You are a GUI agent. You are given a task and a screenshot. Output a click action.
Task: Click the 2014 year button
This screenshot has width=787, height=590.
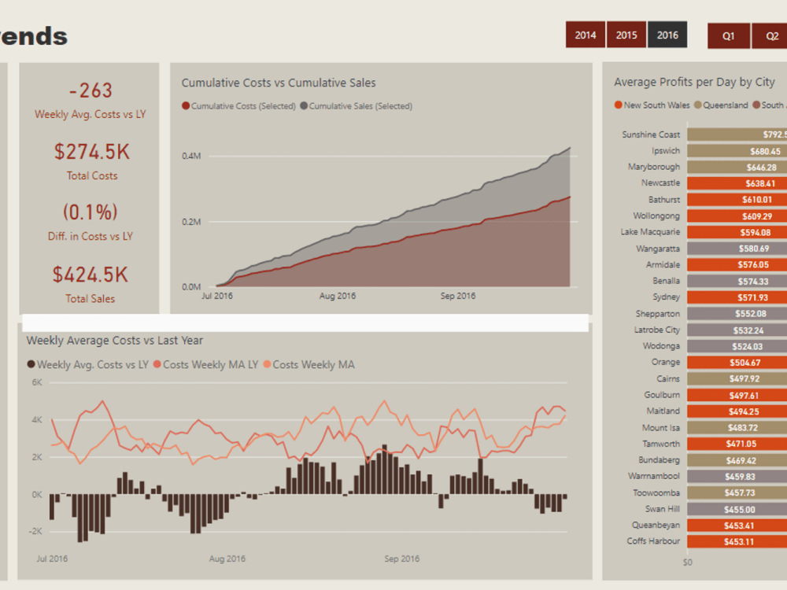click(x=585, y=35)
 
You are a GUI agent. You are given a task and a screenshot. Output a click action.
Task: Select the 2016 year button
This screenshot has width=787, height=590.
click(x=667, y=35)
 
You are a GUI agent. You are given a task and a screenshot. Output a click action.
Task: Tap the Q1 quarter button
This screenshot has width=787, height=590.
click(x=729, y=36)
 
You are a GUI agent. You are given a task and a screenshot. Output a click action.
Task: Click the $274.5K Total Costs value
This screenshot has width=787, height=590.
click(x=92, y=152)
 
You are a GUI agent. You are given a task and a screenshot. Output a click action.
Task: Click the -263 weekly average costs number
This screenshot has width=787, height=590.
click(x=91, y=91)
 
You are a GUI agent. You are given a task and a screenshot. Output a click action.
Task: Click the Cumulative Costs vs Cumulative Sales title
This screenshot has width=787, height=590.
click(x=279, y=83)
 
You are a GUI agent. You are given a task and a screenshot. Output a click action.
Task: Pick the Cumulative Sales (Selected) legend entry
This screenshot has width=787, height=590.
click(x=360, y=106)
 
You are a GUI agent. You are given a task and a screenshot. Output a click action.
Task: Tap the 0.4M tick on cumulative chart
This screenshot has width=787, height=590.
click(x=191, y=156)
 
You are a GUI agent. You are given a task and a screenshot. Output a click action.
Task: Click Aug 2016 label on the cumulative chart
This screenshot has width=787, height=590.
click(x=338, y=297)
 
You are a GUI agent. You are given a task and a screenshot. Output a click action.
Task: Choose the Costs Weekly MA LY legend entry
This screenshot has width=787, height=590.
click(x=210, y=364)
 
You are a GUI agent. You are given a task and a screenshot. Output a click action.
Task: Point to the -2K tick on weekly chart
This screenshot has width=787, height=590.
click(x=36, y=531)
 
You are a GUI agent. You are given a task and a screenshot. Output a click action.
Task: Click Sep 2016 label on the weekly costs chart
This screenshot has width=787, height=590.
click(x=401, y=559)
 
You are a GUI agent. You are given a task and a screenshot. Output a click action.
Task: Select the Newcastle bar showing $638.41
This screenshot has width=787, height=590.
click(x=737, y=183)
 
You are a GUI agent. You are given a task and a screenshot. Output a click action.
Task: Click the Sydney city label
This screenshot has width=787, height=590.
click(x=667, y=297)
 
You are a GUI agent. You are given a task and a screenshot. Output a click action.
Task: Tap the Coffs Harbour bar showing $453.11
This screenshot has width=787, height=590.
click(x=737, y=541)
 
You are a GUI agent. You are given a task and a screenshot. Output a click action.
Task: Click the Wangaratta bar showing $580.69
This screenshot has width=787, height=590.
click(x=737, y=249)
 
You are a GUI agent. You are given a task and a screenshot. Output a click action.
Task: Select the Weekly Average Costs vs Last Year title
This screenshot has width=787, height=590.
click(x=115, y=341)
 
